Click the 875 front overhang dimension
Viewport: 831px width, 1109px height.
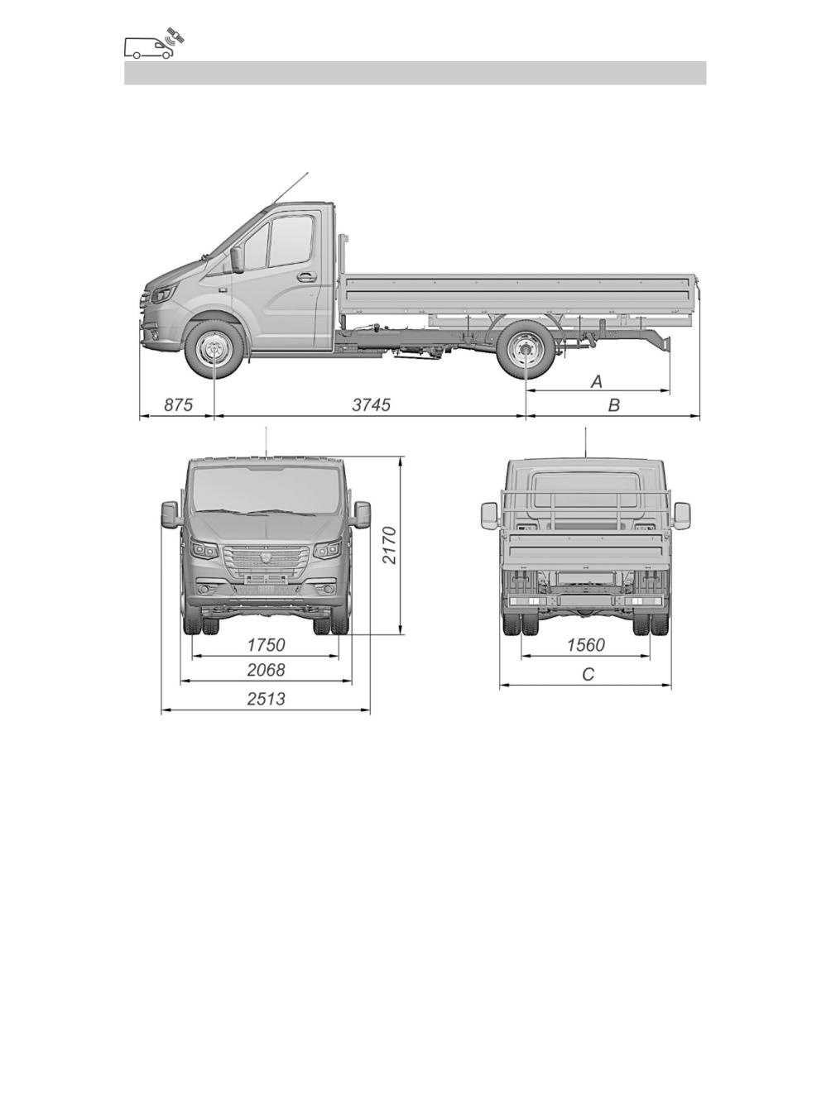tap(179, 404)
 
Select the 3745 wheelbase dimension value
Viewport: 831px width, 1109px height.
tap(372, 404)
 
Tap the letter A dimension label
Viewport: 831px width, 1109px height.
tap(597, 382)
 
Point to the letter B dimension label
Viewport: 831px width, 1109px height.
tap(613, 404)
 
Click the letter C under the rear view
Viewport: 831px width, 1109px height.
tap(588, 674)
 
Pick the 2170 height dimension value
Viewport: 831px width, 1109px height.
tap(390, 545)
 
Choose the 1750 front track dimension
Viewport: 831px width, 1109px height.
tap(266, 645)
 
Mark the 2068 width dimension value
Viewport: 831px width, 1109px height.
tap(266, 670)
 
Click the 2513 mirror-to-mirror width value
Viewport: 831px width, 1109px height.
tap(266, 699)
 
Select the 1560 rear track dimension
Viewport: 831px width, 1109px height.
tap(586, 645)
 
